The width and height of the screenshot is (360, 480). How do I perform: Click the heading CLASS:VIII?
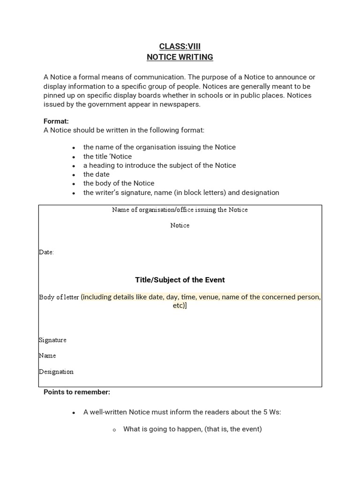tap(180, 46)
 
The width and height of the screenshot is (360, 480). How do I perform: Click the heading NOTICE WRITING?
tap(180, 57)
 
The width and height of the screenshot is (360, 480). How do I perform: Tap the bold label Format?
tap(56, 121)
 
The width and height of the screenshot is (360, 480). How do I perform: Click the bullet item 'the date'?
tap(96, 174)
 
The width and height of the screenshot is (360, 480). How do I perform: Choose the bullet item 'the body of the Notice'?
tap(119, 183)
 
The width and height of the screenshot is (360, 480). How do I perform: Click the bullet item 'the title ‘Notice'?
tap(107, 157)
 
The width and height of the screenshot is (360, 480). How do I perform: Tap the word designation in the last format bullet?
tap(260, 193)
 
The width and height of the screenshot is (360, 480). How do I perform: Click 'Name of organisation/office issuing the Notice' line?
tap(180, 210)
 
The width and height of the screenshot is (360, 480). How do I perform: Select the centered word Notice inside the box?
tap(180, 225)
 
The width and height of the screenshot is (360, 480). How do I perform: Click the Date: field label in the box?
tap(46, 252)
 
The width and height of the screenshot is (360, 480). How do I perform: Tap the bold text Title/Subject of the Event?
tap(180, 280)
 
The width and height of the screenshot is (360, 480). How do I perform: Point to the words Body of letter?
tap(59, 297)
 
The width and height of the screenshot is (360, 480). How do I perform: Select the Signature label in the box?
tap(52, 340)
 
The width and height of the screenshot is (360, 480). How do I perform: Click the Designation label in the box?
tap(56, 372)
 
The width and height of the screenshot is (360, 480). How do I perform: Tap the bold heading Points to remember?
tap(77, 392)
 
